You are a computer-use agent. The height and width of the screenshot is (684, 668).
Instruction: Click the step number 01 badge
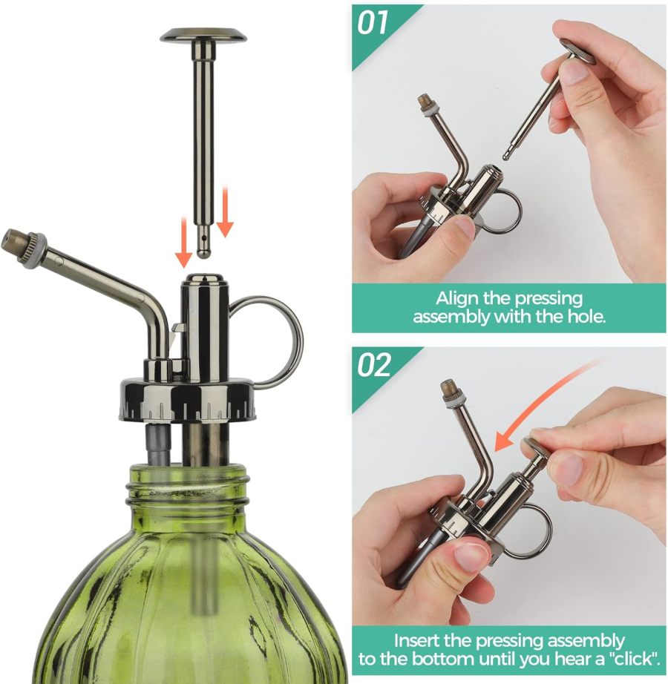click(x=374, y=22)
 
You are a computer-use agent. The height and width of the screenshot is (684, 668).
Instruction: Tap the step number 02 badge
click(x=376, y=365)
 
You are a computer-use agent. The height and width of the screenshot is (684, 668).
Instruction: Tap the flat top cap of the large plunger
click(x=204, y=34)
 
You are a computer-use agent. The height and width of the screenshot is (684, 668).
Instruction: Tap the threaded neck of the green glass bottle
click(x=187, y=487)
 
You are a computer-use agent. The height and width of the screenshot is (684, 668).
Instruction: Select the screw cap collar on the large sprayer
click(x=188, y=401)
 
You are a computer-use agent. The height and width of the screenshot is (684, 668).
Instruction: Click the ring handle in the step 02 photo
click(x=530, y=530)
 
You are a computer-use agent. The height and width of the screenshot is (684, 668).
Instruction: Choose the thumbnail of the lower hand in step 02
click(x=469, y=553)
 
